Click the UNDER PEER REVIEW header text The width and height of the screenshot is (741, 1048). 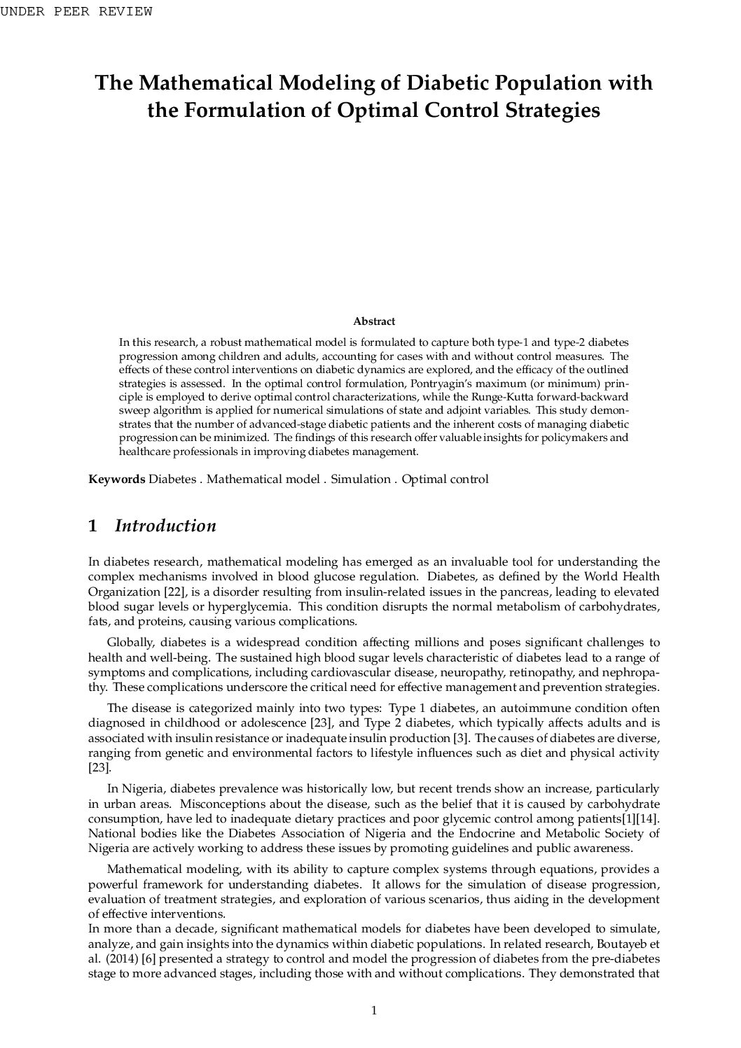[76, 11]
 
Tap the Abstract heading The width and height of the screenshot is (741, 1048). [374, 321]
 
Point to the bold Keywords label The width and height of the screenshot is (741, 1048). [117, 480]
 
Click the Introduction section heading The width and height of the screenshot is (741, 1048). [165, 526]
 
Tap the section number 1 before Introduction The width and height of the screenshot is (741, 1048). [92, 526]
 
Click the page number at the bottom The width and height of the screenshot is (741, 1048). [374, 1009]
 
